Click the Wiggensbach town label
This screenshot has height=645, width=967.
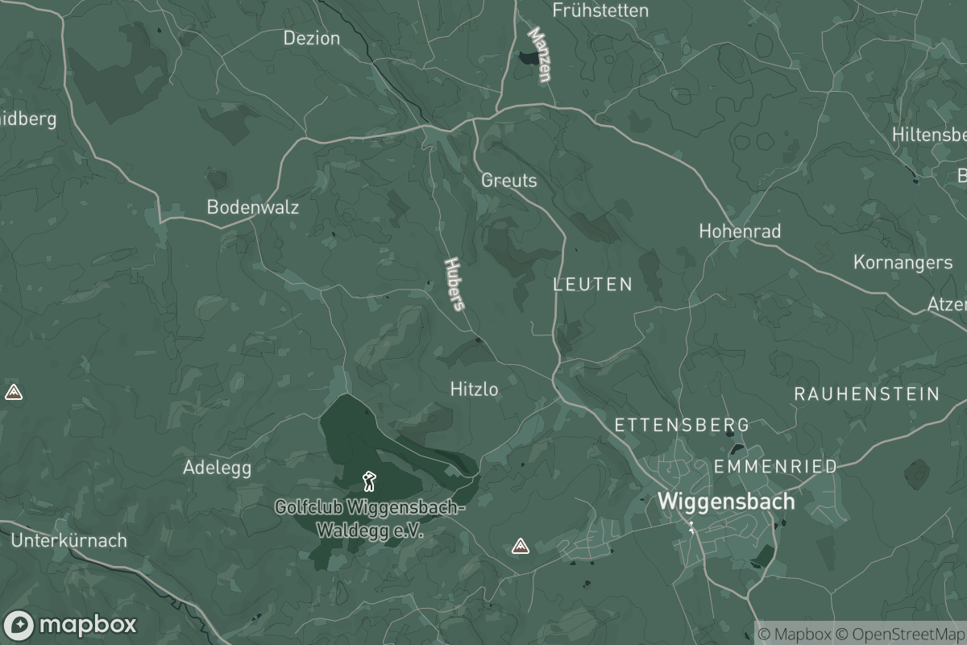(x=726, y=501)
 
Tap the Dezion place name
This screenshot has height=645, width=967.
(x=312, y=38)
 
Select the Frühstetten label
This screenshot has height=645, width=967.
(x=600, y=10)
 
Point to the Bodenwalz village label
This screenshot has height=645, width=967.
(x=253, y=207)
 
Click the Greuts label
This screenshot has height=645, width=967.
(x=508, y=180)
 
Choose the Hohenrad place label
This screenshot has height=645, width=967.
(x=740, y=231)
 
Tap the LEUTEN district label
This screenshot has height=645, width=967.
(x=593, y=285)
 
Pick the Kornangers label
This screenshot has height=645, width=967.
(x=903, y=263)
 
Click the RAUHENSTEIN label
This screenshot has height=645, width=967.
(x=867, y=394)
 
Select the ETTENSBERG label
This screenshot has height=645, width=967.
(x=682, y=425)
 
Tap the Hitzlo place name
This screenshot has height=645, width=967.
(x=474, y=389)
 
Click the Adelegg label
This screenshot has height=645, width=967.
(x=217, y=468)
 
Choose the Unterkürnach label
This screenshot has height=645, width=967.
(x=69, y=540)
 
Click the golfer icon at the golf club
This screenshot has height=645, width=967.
(x=369, y=481)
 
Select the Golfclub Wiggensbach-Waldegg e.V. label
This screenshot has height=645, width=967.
(x=370, y=520)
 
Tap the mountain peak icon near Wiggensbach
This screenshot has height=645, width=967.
(x=521, y=547)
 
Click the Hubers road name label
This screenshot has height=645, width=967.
(x=455, y=284)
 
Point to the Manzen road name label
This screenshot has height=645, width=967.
(x=540, y=55)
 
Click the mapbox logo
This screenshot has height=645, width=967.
(x=70, y=625)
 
